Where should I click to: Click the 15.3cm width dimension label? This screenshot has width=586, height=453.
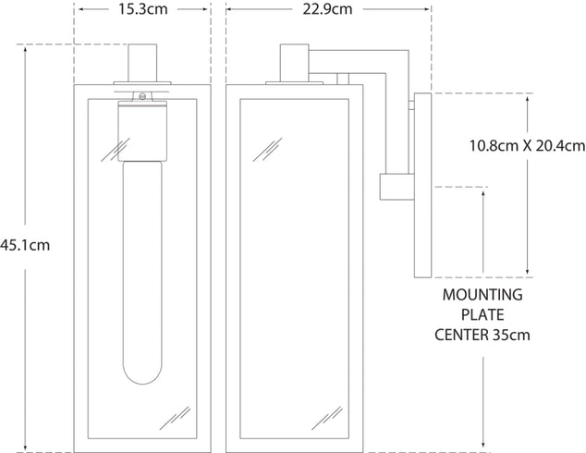[x=143, y=10]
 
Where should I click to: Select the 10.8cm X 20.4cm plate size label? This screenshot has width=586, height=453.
[x=527, y=145]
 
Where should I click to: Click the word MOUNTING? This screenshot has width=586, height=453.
[x=482, y=296]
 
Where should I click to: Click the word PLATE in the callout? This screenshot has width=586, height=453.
[x=482, y=314]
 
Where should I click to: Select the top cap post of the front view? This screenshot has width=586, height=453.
[x=144, y=64]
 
